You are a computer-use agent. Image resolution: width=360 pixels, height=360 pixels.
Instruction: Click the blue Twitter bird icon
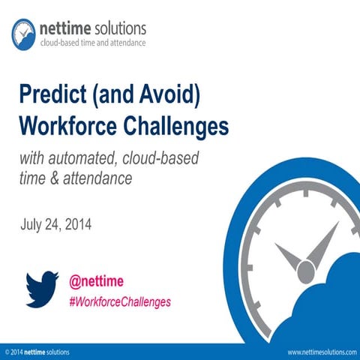click(x=43, y=289)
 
